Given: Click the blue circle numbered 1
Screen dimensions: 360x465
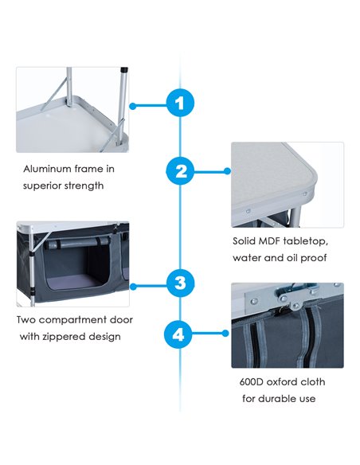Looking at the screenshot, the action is (180, 103).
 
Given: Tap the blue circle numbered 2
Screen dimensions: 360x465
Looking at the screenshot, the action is (180, 171).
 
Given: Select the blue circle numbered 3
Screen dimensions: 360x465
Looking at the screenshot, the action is (180, 283).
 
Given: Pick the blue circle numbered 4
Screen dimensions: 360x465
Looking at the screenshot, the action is (178, 334).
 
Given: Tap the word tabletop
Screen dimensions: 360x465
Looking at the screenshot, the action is (306, 241).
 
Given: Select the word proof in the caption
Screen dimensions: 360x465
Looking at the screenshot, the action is (314, 258).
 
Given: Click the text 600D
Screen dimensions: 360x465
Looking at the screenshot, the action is (251, 381).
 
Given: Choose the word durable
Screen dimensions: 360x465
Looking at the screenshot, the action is (279, 398).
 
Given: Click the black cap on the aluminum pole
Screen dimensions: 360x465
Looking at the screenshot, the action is (124, 71).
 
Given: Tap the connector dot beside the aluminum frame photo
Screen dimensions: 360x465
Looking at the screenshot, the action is (133, 106).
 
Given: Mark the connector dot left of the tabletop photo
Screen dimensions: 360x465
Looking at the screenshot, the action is (227, 171).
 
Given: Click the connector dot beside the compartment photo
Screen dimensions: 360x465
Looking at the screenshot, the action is (133, 287).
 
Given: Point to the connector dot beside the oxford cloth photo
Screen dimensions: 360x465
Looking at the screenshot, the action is (225, 334).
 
